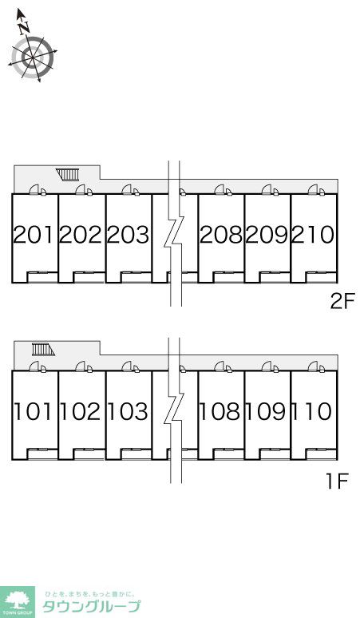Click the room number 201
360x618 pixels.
(33, 235)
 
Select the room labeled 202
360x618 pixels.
(81, 235)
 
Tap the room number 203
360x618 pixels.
(128, 235)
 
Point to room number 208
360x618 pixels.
(221, 235)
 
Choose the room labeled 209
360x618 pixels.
(267, 235)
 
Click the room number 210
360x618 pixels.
(313, 235)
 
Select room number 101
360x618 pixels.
(33, 411)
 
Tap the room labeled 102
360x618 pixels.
(81, 411)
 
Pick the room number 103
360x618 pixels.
(128, 411)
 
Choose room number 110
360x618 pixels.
(313, 411)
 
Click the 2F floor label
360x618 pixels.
(342, 302)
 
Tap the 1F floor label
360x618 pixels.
(337, 481)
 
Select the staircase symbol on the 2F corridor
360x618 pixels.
(68, 174)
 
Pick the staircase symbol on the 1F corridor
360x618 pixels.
(43, 349)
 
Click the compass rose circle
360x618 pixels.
(32, 57)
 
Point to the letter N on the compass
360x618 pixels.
(24, 28)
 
